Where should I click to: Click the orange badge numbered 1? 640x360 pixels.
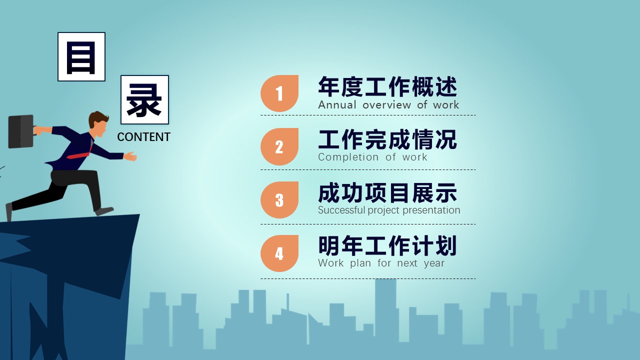(279, 93)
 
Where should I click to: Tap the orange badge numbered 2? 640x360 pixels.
(279, 146)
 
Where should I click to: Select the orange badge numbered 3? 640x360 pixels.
(279, 199)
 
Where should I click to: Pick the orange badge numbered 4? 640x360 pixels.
(279, 253)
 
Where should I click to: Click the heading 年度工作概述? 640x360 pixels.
(387, 87)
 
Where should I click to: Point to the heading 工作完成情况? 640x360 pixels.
(387, 139)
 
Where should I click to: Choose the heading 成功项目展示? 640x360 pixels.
(387, 193)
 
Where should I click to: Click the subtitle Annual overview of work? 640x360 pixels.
(388, 105)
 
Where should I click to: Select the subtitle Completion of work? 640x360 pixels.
(372, 157)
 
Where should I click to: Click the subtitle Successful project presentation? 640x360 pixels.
(389, 210)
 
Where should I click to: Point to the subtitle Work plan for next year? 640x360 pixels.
(381, 263)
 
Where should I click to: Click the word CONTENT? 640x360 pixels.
(143, 137)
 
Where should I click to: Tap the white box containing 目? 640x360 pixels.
(81, 56)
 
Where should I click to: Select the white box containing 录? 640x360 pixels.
(144, 99)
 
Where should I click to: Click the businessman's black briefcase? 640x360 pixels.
(21, 131)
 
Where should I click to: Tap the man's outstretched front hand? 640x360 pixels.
(130, 156)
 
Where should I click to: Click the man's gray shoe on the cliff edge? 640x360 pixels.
(104, 211)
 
